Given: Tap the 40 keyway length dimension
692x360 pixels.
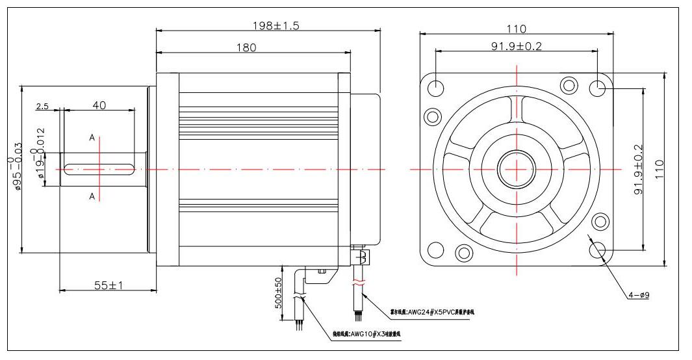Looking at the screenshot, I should click(99, 106).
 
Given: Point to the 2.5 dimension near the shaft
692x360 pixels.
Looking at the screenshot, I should click(43, 106).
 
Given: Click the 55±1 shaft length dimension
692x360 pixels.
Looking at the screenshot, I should click(109, 285).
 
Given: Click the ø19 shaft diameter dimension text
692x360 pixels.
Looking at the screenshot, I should click(40, 155).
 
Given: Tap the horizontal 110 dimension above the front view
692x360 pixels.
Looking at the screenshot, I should click(517, 29).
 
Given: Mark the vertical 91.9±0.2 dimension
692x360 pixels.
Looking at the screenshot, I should click(638, 170).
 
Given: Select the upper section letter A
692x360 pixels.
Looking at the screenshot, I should click(92, 138).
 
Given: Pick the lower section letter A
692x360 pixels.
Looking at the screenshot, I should click(92, 196).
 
